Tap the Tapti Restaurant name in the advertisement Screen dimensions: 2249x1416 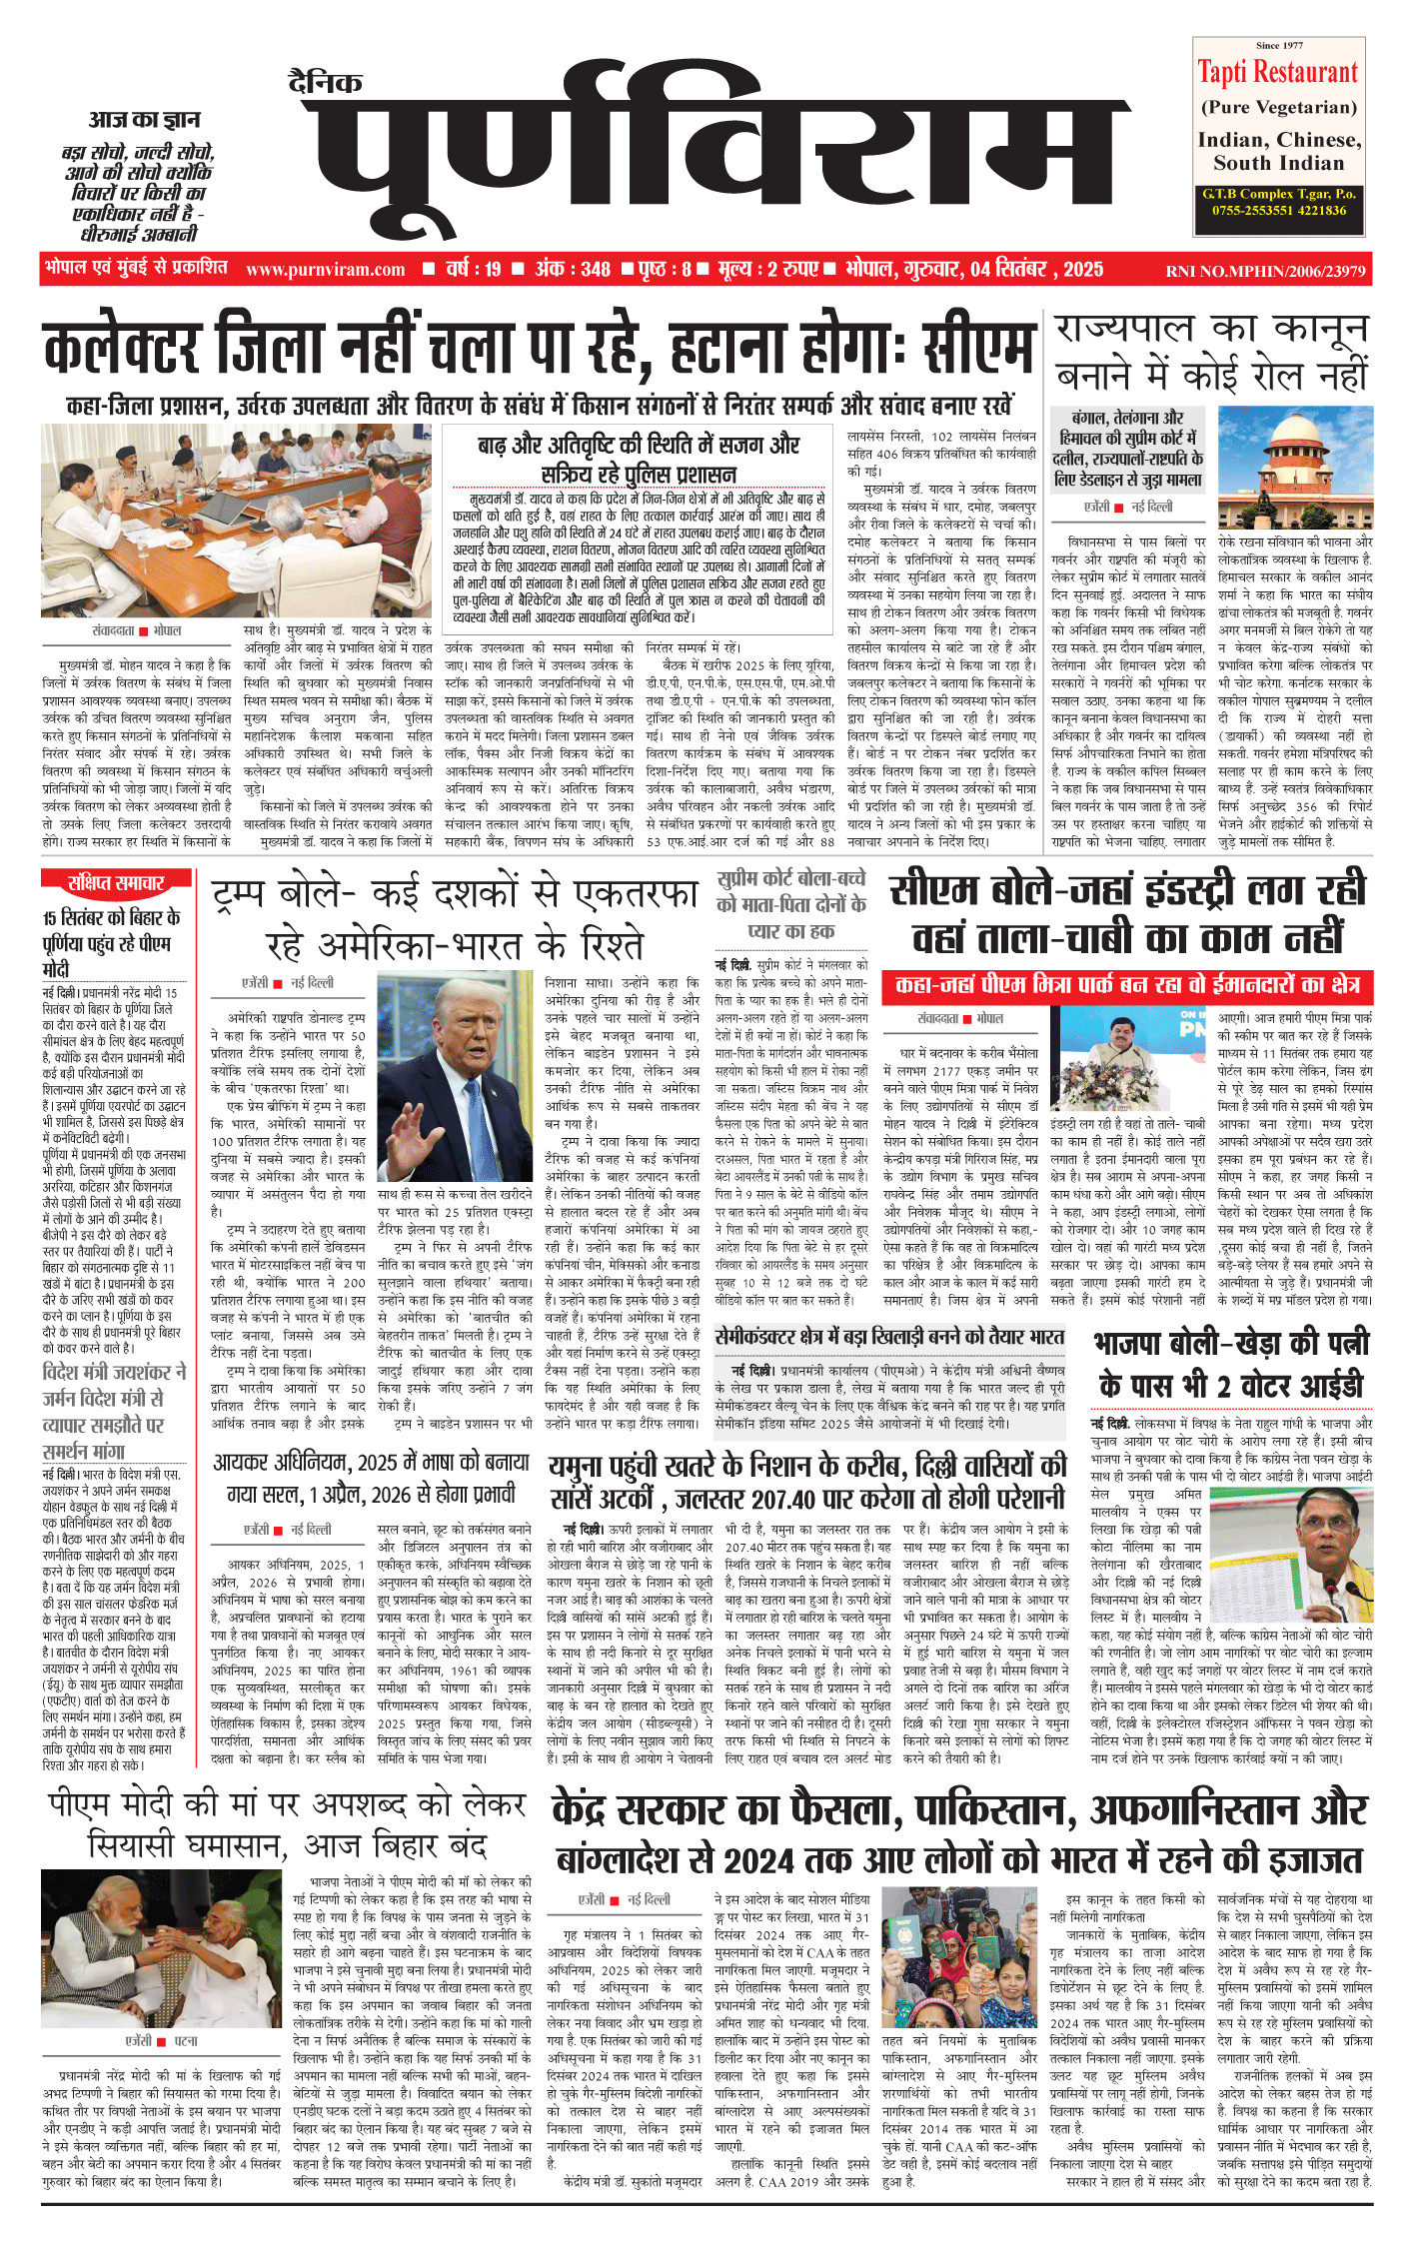pos(1278,73)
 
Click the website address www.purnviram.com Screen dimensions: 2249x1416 pos(326,270)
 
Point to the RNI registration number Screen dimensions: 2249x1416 pos(1264,271)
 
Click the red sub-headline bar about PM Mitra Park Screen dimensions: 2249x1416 pos(1126,985)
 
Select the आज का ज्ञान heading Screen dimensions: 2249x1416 pos(144,120)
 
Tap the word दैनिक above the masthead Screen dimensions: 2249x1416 pos(325,83)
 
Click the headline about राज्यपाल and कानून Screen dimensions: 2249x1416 pos(1211,352)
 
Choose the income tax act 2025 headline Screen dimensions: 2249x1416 pos(371,1478)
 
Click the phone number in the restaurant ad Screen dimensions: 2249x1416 pos(1279,211)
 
